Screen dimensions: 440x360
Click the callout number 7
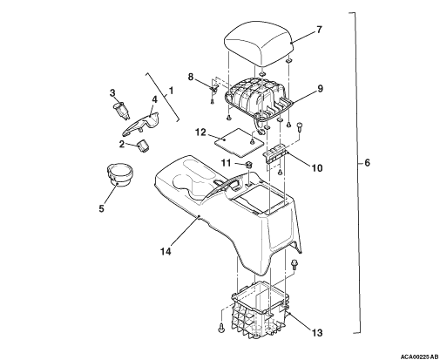[x=319, y=30]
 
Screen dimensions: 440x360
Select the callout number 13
[x=317, y=332]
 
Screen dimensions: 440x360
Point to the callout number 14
[x=166, y=251]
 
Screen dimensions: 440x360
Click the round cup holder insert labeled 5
[x=119, y=174]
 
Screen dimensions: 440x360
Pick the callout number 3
[x=112, y=93]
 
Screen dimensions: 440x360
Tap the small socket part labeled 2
[x=143, y=145]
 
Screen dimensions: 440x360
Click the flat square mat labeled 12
[x=239, y=141]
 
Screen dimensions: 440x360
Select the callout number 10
[x=317, y=167]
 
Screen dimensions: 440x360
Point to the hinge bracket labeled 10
[x=275, y=154]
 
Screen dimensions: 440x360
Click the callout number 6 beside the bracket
[x=368, y=163]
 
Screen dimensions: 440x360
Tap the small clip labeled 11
[x=249, y=166]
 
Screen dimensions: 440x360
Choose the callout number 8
[x=191, y=78]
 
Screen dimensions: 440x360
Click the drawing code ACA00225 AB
[x=419, y=357]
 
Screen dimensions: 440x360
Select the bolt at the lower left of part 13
[x=221, y=329]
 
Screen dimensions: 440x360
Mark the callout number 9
[x=320, y=89]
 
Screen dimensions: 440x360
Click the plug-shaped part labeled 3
[x=121, y=111]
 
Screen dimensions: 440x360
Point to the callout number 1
[x=171, y=91]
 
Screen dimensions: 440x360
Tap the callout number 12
[x=200, y=132]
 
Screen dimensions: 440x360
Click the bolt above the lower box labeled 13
[x=294, y=264]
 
